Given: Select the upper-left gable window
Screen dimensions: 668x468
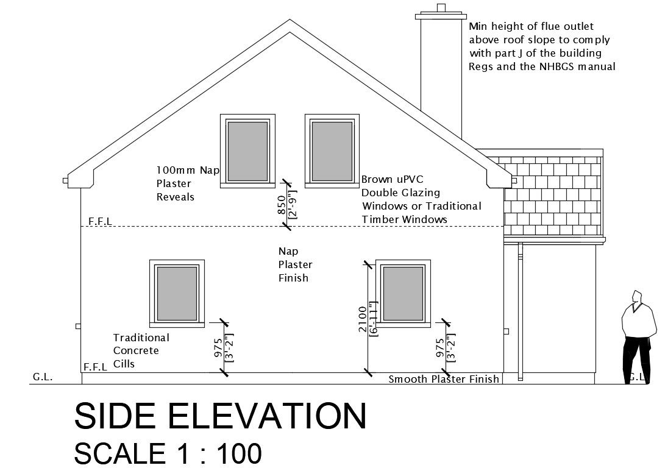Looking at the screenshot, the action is click(247, 150).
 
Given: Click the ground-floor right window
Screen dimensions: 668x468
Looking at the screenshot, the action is click(403, 293).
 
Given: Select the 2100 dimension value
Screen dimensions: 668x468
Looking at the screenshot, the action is click(363, 318).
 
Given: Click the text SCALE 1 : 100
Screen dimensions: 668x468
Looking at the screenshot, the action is click(168, 453).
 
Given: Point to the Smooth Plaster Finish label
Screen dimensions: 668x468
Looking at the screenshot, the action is click(444, 380).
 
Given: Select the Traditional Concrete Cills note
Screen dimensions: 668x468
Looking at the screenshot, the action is click(141, 351).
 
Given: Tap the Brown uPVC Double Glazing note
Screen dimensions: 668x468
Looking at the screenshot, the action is click(421, 199).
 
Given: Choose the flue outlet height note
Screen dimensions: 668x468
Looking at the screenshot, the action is click(541, 47).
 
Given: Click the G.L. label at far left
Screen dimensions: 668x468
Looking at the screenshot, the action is click(42, 377).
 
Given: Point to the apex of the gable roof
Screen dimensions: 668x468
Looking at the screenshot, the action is click(290, 21).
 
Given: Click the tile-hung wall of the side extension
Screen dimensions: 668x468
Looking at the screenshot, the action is click(552, 194).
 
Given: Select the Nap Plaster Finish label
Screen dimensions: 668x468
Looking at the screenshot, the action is click(296, 264).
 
